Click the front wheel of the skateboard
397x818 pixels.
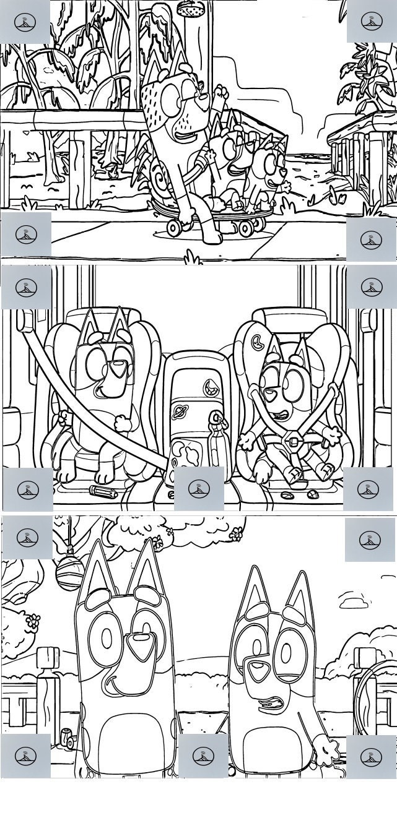pos(174,228)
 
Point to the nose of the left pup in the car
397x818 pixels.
pos(116,370)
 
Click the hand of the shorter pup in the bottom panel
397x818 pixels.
pos(324,751)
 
